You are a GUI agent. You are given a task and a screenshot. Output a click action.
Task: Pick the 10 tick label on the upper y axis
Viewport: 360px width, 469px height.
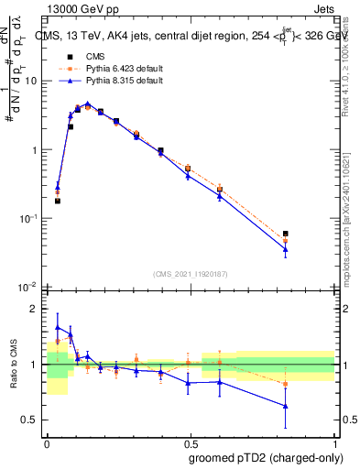[x=31, y=81]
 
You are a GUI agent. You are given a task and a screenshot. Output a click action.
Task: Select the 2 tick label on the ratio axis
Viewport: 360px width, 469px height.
[x=37, y=309]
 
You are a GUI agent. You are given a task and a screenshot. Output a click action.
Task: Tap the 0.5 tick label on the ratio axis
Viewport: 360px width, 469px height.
[x=32, y=420]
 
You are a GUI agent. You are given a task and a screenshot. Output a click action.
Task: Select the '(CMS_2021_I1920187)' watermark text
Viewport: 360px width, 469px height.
[x=191, y=272]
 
